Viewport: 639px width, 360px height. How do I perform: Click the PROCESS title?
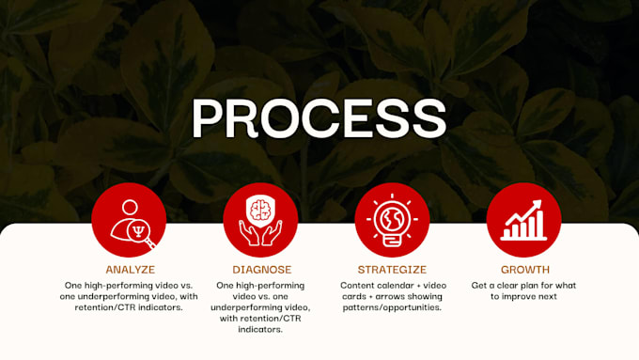(319, 118)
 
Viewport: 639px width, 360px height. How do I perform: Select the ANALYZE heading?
(131, 270)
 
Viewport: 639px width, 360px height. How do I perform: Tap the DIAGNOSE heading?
(261, 270)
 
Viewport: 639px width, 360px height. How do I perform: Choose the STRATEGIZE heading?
(392, 270)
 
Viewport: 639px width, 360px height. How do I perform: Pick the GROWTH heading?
(525, 270)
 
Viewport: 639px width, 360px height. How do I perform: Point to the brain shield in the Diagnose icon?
(260, 211)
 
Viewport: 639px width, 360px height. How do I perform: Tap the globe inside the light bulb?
(392, 218)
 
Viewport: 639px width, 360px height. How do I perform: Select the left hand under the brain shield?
(249, 233)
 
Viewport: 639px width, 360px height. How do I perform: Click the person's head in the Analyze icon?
(130, 207)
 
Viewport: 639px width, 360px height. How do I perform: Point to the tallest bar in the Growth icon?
(540, 224)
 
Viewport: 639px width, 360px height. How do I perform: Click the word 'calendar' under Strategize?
(389, 286)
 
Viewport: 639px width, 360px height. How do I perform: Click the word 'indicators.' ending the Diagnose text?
(260, 329)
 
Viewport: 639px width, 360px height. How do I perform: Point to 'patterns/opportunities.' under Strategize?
(392, 307)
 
